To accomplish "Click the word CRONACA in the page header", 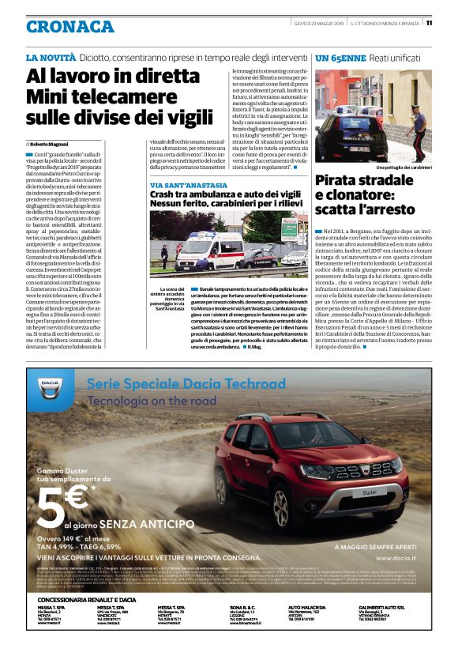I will tap(69, 26).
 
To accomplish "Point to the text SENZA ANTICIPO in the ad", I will tap(150, 525).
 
